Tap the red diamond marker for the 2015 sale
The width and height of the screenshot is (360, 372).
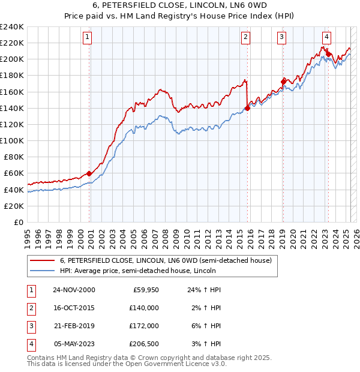coord(247,108)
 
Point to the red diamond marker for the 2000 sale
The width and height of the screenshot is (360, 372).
coord(89,173)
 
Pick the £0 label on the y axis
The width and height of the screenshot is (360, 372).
coord(18,222)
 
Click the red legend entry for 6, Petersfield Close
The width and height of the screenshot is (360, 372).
coord(166,260)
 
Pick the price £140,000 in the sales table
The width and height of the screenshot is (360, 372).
coord(143,308)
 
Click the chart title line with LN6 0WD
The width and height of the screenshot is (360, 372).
coord(179,8)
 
